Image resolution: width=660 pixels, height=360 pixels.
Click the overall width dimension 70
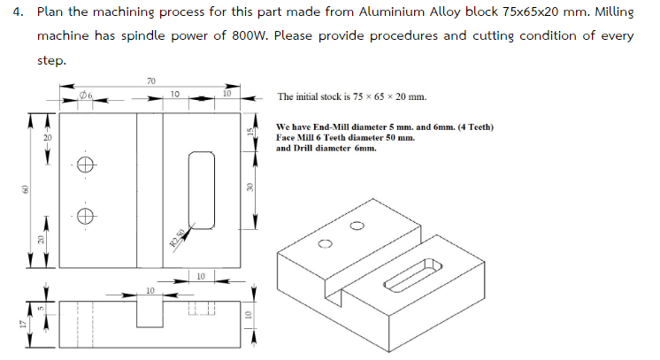150,81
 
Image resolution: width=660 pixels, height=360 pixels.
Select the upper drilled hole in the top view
85,165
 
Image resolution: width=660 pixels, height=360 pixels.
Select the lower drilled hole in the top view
85,215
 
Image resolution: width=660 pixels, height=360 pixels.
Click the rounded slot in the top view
202,190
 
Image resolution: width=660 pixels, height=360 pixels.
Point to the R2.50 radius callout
178,237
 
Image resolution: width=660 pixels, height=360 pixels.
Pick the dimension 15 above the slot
250,130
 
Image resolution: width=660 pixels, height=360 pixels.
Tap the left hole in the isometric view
325,243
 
